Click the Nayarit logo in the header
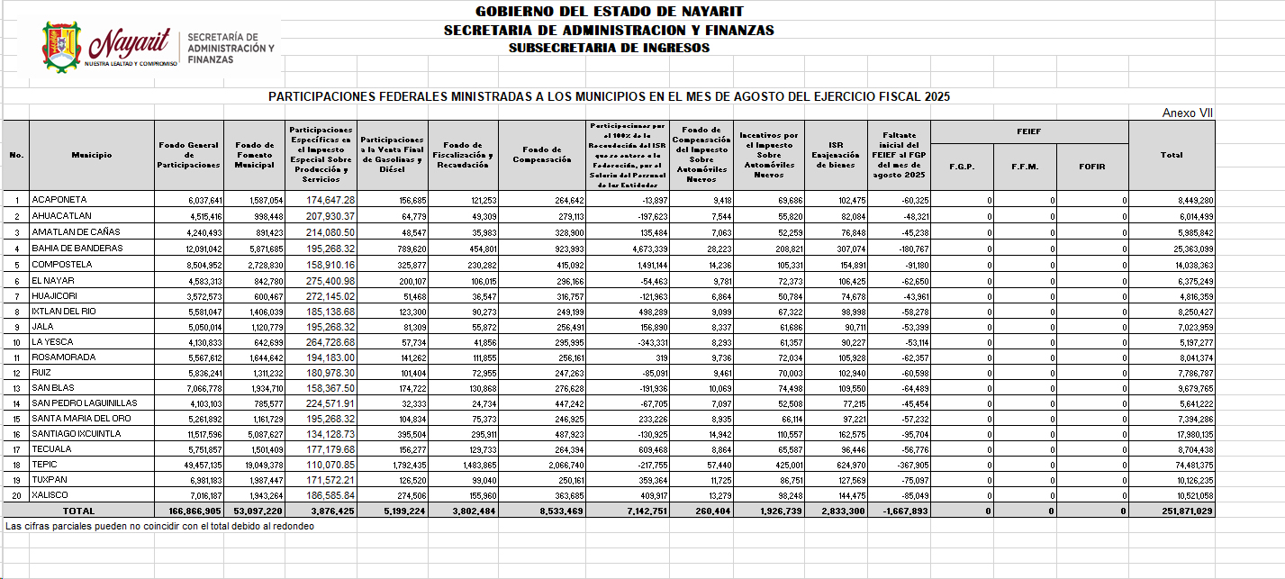[158, 46]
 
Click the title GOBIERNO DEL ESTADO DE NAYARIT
[609, 12]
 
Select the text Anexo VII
[1188, 113]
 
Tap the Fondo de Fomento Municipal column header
[254, 155]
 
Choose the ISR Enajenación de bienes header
[837, 155]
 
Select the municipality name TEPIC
[45, 465]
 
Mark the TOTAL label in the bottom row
[79, 511]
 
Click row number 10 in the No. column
[16, 342]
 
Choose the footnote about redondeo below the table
[159, 525]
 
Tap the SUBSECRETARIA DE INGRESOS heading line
[609, 48]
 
